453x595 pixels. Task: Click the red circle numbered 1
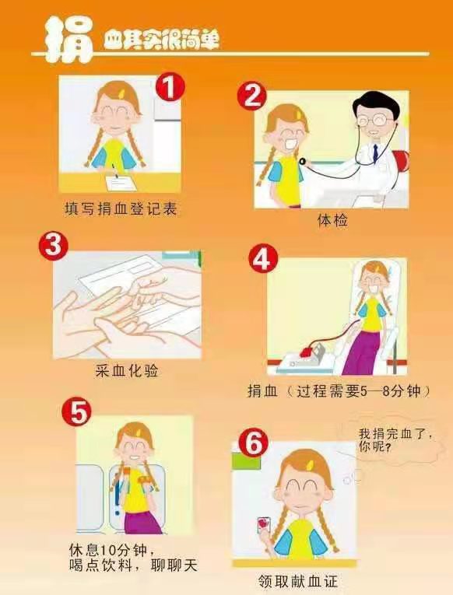pos(170,87)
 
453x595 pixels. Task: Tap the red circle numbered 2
pos(252,95)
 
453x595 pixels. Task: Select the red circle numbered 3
pos(54,246)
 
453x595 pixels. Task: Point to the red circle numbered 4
pos(263,259)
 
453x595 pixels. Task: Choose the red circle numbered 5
pos(77,411)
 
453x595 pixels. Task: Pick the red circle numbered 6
pos(253,443)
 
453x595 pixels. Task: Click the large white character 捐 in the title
pos(68,40)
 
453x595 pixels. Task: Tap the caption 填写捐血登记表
pos(121,208)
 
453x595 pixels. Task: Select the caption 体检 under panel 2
pos(332,220)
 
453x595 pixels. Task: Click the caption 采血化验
pos(127,370)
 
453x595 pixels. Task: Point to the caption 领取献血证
pos(297,581)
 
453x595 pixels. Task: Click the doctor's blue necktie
pos(375,152)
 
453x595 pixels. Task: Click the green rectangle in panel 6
pos(246,461)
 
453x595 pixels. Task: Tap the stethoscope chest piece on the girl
pos(302,162)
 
